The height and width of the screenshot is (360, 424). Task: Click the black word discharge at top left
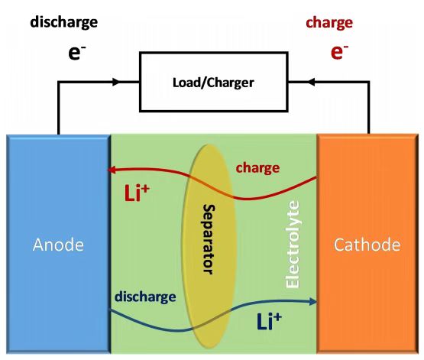click(x=64, y=22)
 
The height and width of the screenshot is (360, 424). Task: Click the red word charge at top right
click(x=329, y=23)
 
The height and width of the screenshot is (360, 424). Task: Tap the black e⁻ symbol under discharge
click(x=77, y=53)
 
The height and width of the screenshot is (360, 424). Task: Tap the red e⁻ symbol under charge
click(x=339, y=52)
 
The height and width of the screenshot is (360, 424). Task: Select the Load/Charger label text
click(x=213, y=83)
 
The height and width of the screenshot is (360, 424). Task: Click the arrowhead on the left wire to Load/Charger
click(x=116, y=82)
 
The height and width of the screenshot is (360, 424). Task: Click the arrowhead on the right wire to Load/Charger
click(x=312, y=82)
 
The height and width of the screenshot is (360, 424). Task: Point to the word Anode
click(x=58, y=245)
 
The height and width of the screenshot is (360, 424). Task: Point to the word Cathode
click(x=367, y=245)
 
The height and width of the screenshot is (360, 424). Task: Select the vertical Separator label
click(x=209, y=239)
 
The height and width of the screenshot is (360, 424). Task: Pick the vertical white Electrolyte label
click(x=293, y=245)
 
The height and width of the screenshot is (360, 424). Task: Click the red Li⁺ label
click(x=137, y=193)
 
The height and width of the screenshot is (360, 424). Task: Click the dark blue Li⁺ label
click(x=269, y=321)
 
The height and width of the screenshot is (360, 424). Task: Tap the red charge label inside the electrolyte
click(x=257, y=168)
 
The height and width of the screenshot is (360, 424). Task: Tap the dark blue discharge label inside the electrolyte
click(x=145, y=297)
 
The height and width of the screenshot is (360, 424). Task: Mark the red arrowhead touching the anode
click(x=112, y=170)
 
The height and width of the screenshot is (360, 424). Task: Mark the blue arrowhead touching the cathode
click(x=312, y=302)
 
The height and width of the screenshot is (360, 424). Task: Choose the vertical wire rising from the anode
click(x=58, y=109)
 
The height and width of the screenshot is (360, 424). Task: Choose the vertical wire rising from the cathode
click(x=369, y=108)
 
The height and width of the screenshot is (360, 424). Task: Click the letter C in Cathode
click(x=339, y=245)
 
